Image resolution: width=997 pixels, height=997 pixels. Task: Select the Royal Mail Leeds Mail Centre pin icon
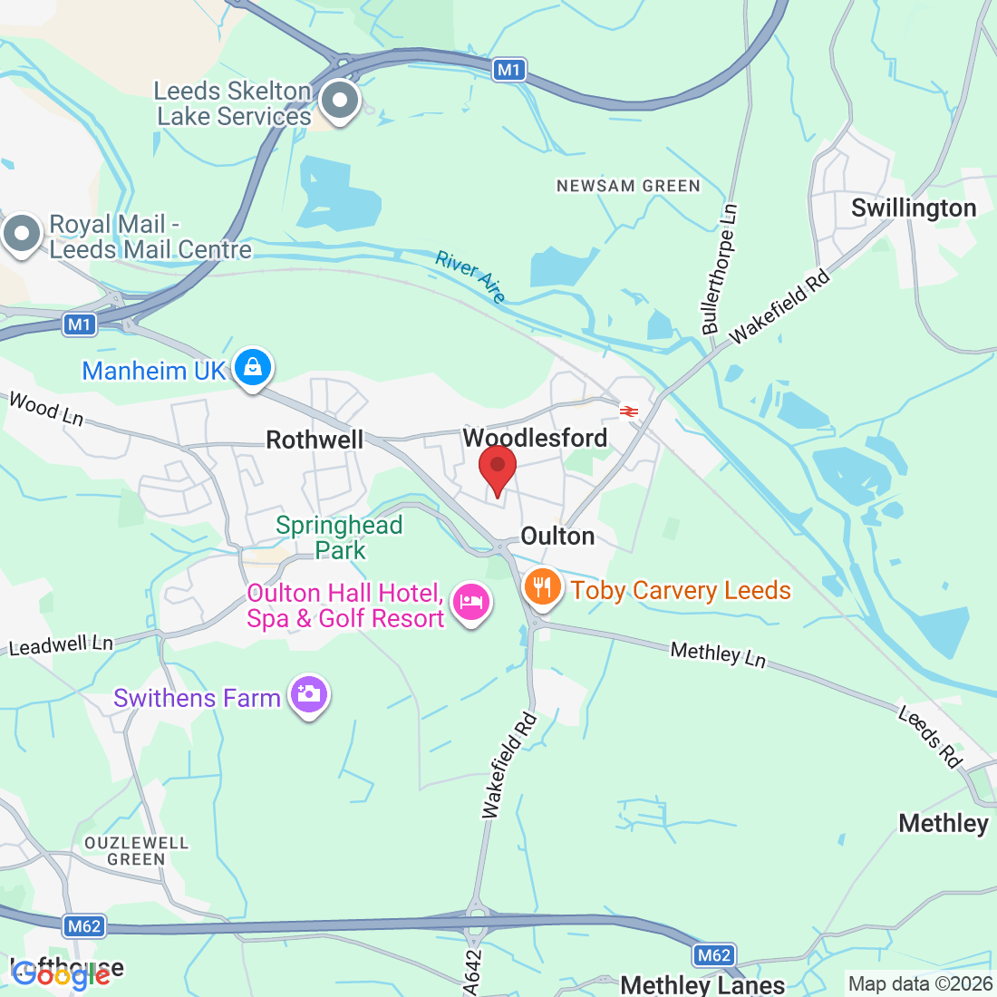pos(22,234)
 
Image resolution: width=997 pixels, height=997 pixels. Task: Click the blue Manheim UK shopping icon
pos(253,368)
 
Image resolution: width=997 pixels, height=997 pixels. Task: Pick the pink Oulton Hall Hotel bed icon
pos(471,602)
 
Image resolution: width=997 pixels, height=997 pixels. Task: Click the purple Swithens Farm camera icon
pos(308,695)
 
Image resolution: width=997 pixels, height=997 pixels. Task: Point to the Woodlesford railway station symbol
pos(629,411)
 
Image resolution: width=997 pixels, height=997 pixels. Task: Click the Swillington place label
pos(914,208)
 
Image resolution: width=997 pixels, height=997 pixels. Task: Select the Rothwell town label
pos(315,440)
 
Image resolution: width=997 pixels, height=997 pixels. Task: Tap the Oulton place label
pos(557,537)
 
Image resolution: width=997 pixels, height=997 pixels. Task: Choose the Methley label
pos(944,823)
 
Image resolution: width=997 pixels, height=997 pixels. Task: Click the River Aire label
pos(470,276)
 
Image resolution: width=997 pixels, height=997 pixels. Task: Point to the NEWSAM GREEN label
pos(628,186)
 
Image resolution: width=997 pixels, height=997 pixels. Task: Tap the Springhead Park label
pos(339,537)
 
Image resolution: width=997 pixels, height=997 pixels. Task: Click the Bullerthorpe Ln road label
pos(720,268)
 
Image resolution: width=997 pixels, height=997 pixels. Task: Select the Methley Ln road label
pos(718,653)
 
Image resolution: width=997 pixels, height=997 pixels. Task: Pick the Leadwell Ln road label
pos(61,645)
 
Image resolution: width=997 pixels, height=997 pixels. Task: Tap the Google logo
pos(62,974)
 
